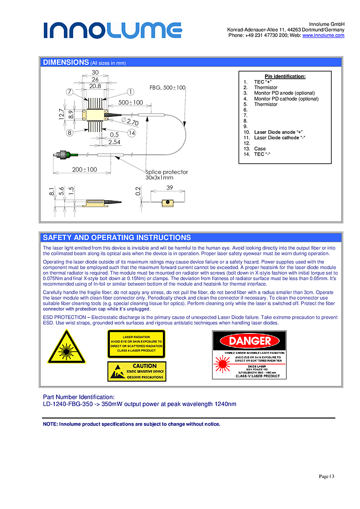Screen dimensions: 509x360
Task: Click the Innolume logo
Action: [x=113, y=30]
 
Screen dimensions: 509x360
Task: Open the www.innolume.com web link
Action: [x=323, y=35]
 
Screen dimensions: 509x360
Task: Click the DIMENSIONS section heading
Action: [x=65, y=62]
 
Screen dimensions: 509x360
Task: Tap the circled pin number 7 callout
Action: [x=70, y=92]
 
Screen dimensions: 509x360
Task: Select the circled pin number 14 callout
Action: [x=132, y=133]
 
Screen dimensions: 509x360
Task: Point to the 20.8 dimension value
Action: [x=95, y=86]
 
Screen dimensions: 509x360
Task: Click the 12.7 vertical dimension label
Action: [x=61, y=114]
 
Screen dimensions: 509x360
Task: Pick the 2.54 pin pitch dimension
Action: [x=114, y=142]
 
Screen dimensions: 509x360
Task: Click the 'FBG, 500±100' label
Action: [x=168, y=88]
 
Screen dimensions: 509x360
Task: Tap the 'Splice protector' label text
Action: [x=167, y=172]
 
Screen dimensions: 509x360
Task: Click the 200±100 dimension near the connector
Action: [x=85, y=169]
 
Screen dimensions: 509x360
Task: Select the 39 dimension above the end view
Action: [x=169, y=188]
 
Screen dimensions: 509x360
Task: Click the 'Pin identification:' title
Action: [x=285, y=76]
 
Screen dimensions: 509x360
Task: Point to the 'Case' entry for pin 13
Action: [x=260, y=149]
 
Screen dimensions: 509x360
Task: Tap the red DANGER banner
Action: [x=250, y=341]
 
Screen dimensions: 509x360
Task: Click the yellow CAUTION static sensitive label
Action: [x=137, y=371]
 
